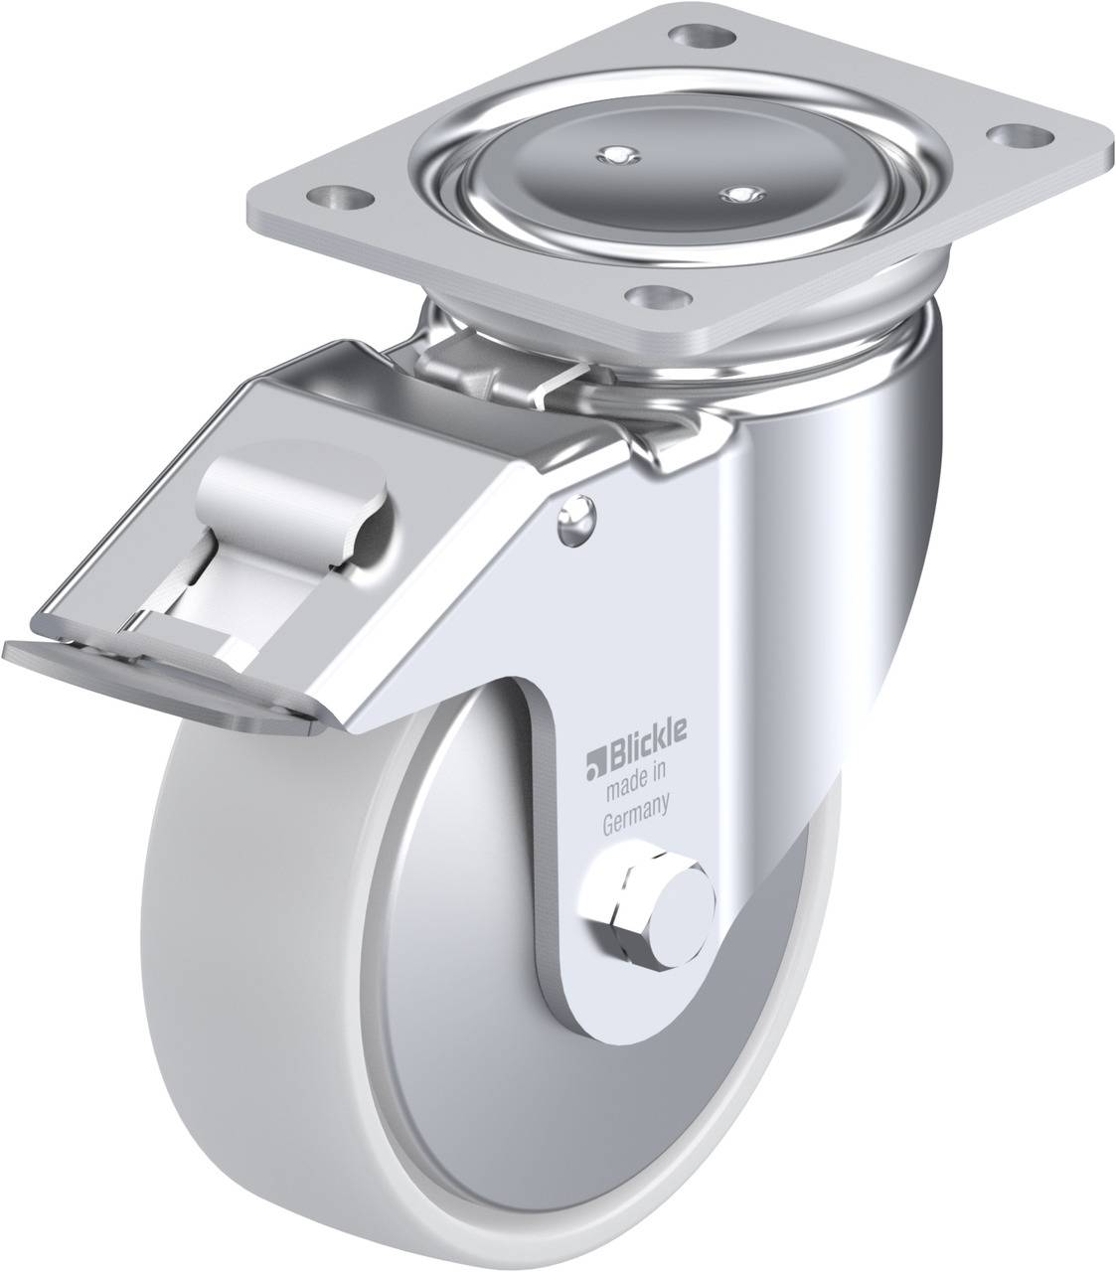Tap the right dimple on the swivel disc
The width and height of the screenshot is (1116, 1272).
tap(735, 192)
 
